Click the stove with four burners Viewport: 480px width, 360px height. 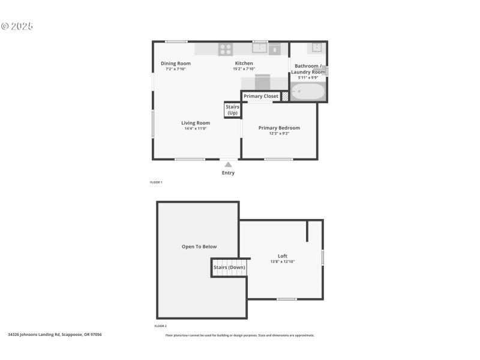click(x=226, y=49)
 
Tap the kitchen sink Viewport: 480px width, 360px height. click(x=259, y=48)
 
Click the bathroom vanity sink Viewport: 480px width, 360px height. click(x=316, y=47)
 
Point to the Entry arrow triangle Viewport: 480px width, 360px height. click(x=228, y=164)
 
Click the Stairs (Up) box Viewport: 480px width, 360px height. click(x=232, y=110)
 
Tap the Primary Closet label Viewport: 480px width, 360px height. click(x=261, y=96)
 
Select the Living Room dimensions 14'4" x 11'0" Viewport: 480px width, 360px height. click(x=196, y=128)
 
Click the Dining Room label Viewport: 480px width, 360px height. click(x=176, y=64)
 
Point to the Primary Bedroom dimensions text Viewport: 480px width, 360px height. click(x=279, y=133)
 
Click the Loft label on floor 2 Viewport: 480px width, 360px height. click(x=283, y=256)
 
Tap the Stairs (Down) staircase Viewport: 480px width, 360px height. click(x=229, y=268)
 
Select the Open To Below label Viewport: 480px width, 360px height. click(x=199, y=247)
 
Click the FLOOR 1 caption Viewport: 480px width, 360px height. click(x=156, y=182)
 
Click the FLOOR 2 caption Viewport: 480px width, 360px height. click(x=160, y=326)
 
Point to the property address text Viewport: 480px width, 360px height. click(x=55, y=335)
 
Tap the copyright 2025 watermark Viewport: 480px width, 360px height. click(x=17, y=26)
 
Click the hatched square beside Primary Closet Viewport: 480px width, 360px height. click(x=285, y=96)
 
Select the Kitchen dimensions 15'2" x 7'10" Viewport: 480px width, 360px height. click(x=244, y=69)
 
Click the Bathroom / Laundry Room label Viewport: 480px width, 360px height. click(x=308, y=68)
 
